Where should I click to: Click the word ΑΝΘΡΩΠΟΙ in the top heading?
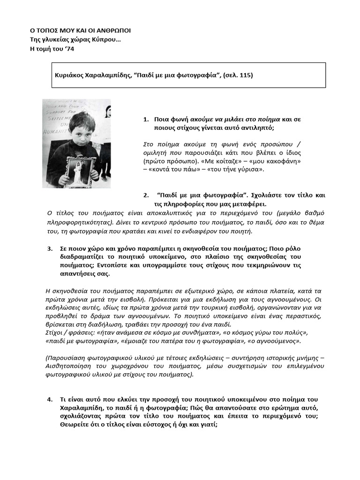(x=112, y=30)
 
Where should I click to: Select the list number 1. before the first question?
(x=146, y=120)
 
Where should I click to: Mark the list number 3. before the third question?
(x=50, y=248)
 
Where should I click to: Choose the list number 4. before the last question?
(x=50, y=399)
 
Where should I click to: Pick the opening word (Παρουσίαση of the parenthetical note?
(x=66, y=358)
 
